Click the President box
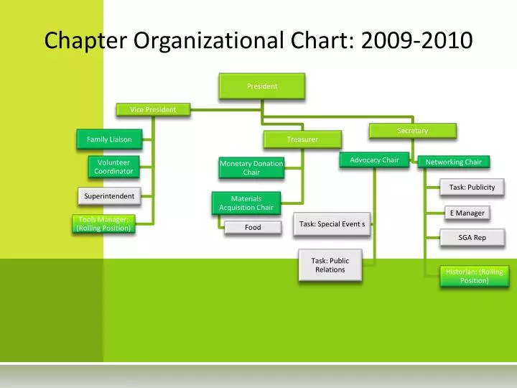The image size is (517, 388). pos(262,86)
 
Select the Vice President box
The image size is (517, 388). pos(153,109)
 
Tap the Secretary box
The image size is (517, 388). pos(412,130)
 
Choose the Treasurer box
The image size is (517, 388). pos(302,139)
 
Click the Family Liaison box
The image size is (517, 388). pos(109,139)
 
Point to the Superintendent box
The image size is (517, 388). pos(109,196)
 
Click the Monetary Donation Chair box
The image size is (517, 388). pos(251,167)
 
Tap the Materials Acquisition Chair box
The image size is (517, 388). pos(246,203)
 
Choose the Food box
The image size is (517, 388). pos(253,227)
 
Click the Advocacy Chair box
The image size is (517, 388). pos(374,160)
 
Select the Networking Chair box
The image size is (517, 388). pos(454,162)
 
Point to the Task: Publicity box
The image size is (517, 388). pos(472,187)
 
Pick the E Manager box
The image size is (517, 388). pos(467,213)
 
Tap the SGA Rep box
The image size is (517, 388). pos(472,237)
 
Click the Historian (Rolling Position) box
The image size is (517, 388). pos(474,276)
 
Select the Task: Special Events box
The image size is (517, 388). pos(332,224)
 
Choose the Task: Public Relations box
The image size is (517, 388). pos(330,264)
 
